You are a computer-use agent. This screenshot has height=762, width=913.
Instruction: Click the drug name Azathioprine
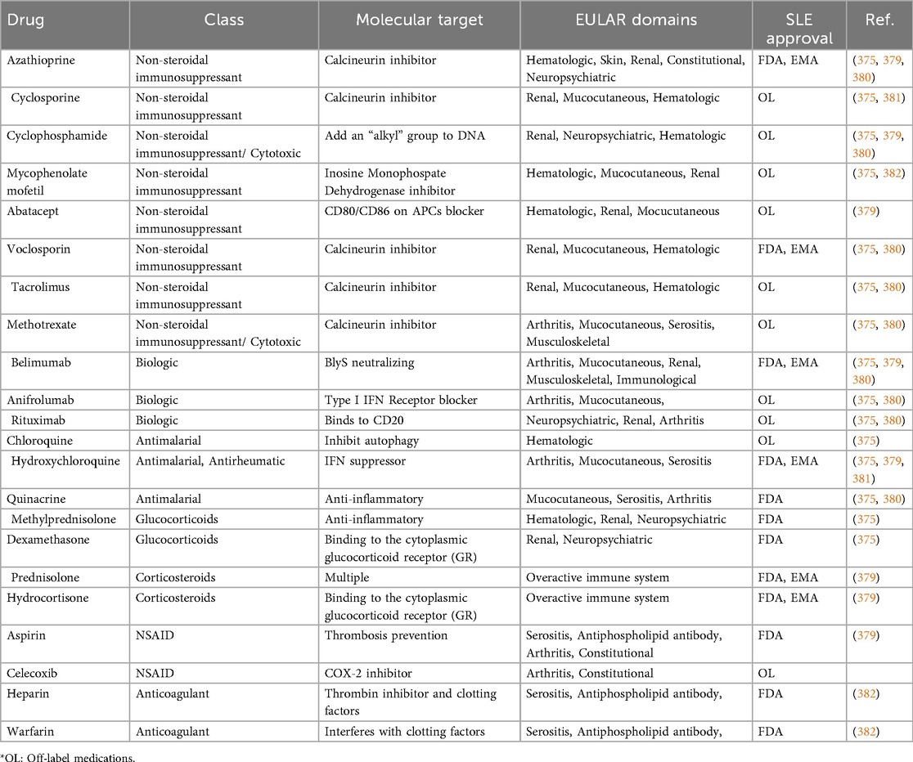click(38, 60)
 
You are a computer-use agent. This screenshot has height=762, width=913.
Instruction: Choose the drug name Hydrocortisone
click(43, 598)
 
